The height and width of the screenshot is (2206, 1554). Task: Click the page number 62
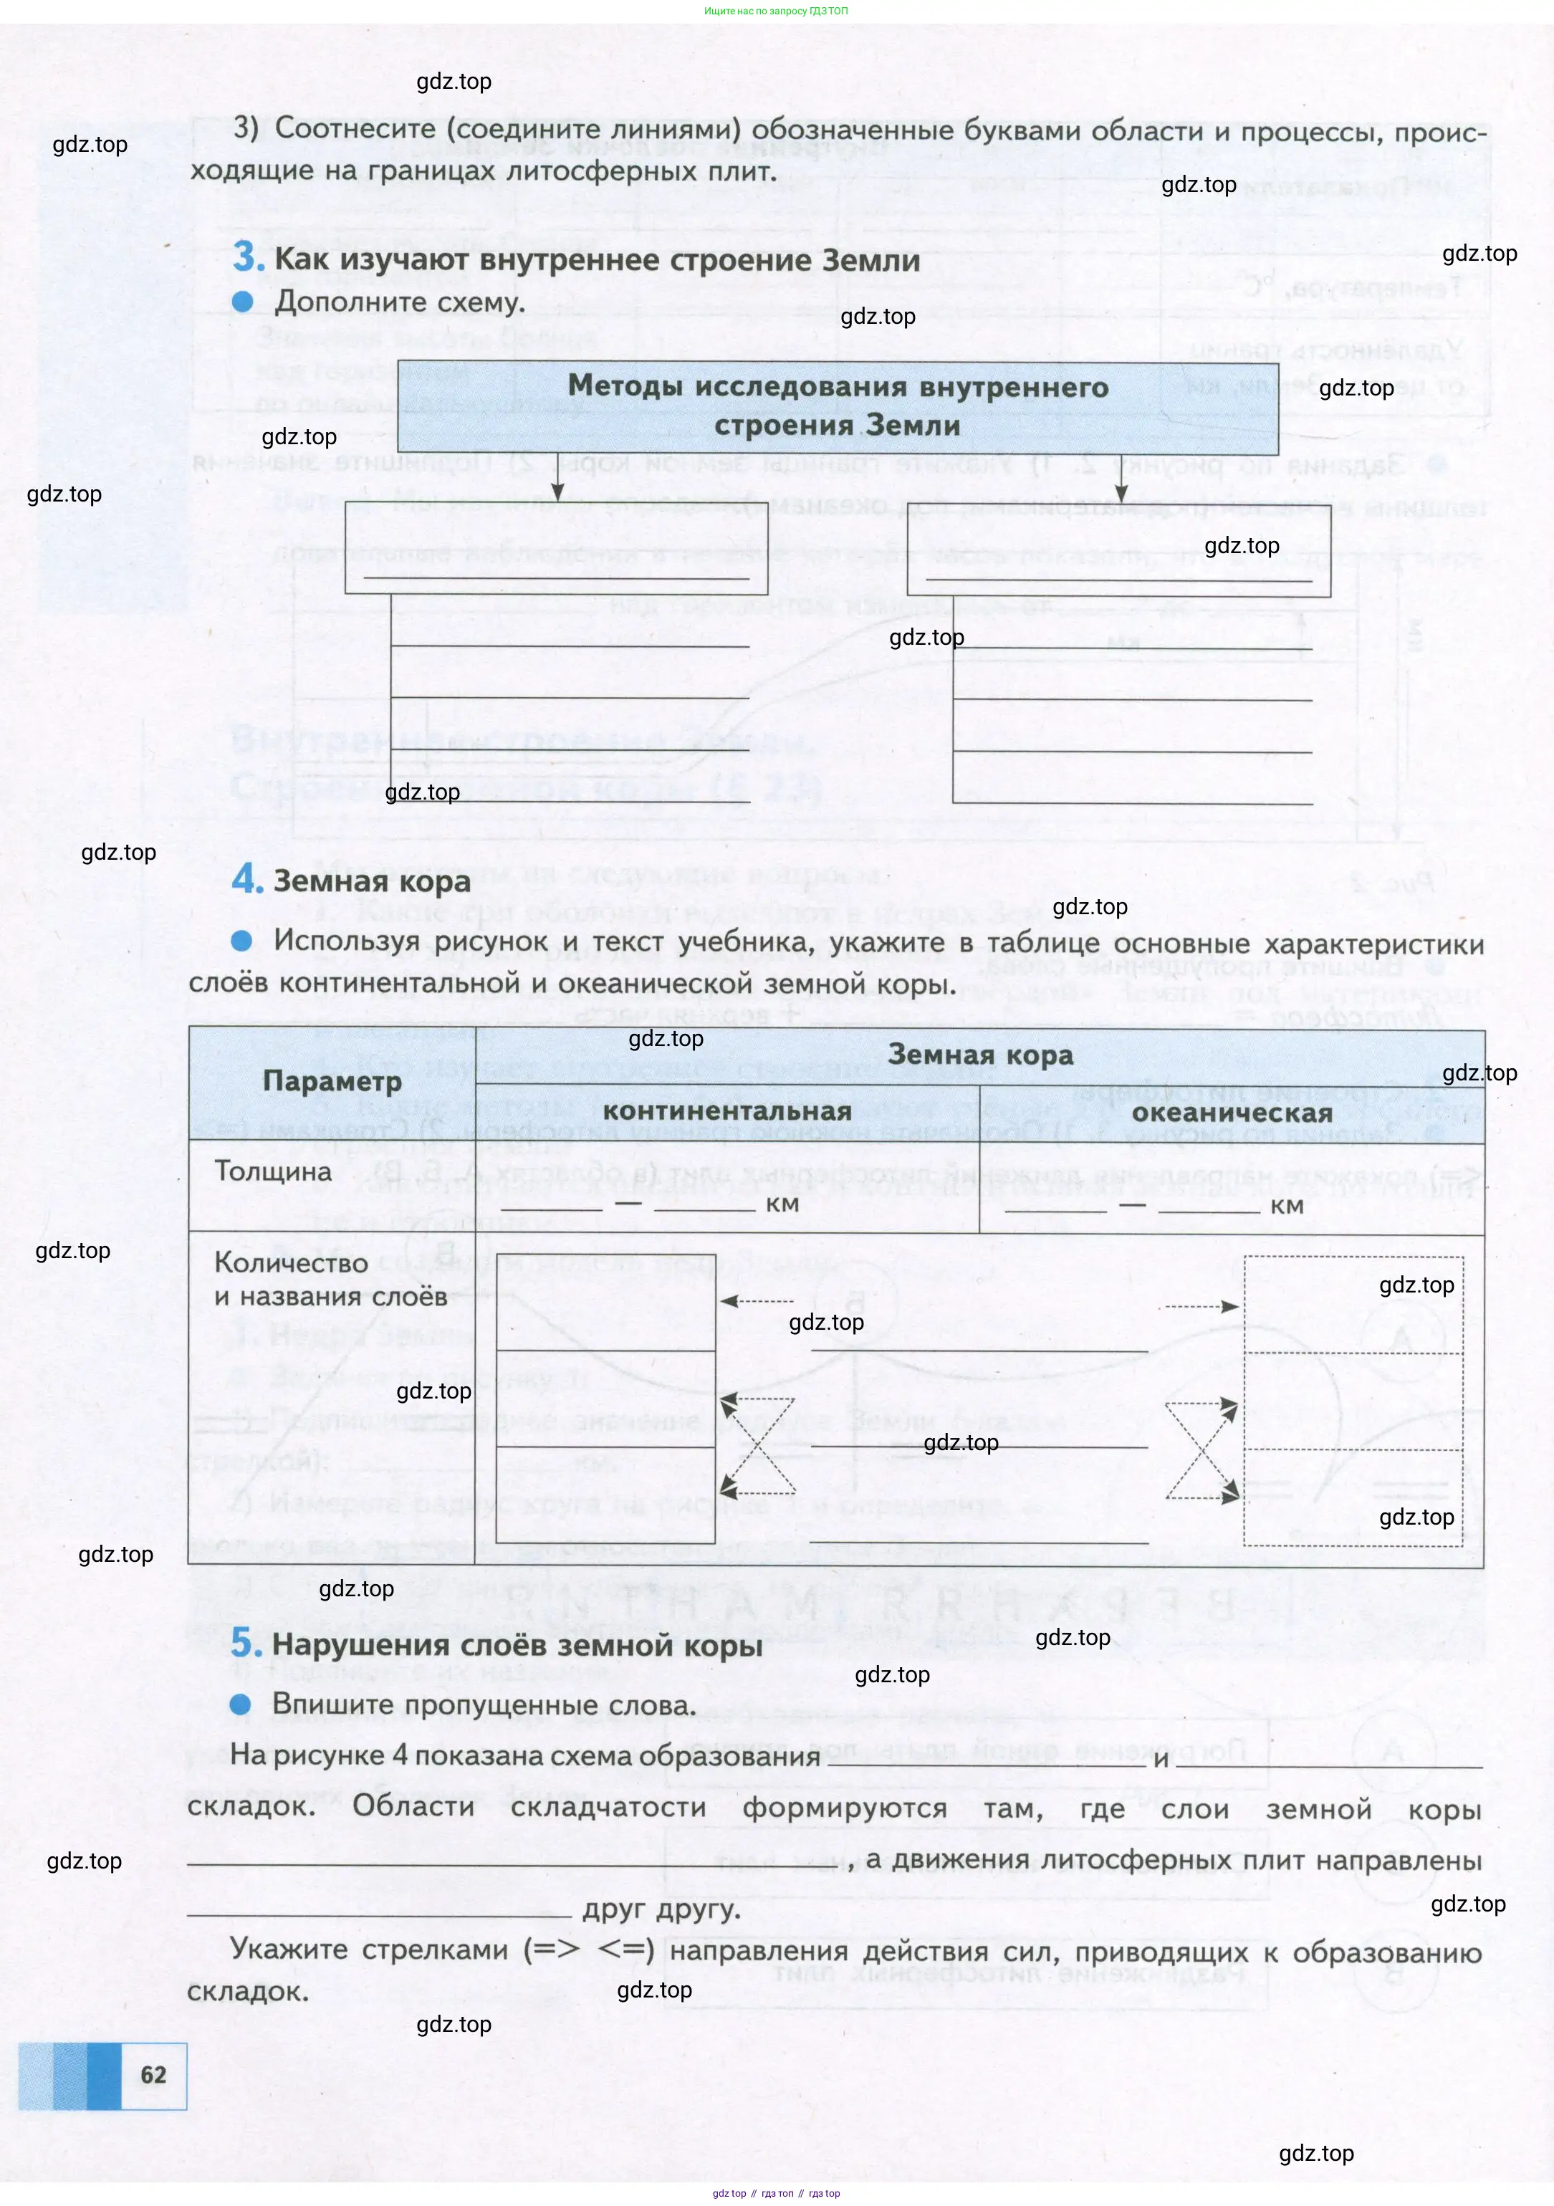(x=154, y=2073)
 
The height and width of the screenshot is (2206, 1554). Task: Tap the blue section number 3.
(x=248, y=257)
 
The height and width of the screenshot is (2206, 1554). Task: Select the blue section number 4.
(x=247, y=878)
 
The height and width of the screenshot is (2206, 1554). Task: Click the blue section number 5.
(x=246, y=1642)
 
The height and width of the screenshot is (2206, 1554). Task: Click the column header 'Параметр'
(x=332, y=1082)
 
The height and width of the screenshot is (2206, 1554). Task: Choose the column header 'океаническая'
(x=1232, y=1113)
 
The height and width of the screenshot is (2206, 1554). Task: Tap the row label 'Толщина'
(x=273, y=1171)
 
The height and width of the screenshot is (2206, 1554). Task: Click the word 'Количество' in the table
(x=291, y=1262)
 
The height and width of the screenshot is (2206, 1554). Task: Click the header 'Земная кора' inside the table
(x=979, y=1055)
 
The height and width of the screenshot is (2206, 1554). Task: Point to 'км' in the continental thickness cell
(x=782, y=1204)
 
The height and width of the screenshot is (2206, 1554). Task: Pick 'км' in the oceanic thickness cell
(x=1287, y=1206)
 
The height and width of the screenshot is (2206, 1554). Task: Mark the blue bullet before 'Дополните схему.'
(x=243, y=302)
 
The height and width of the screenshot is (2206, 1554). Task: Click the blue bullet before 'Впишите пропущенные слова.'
(x=241, y=1704)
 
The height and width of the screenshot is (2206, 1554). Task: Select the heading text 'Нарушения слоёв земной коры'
(x=517, y=1645)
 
